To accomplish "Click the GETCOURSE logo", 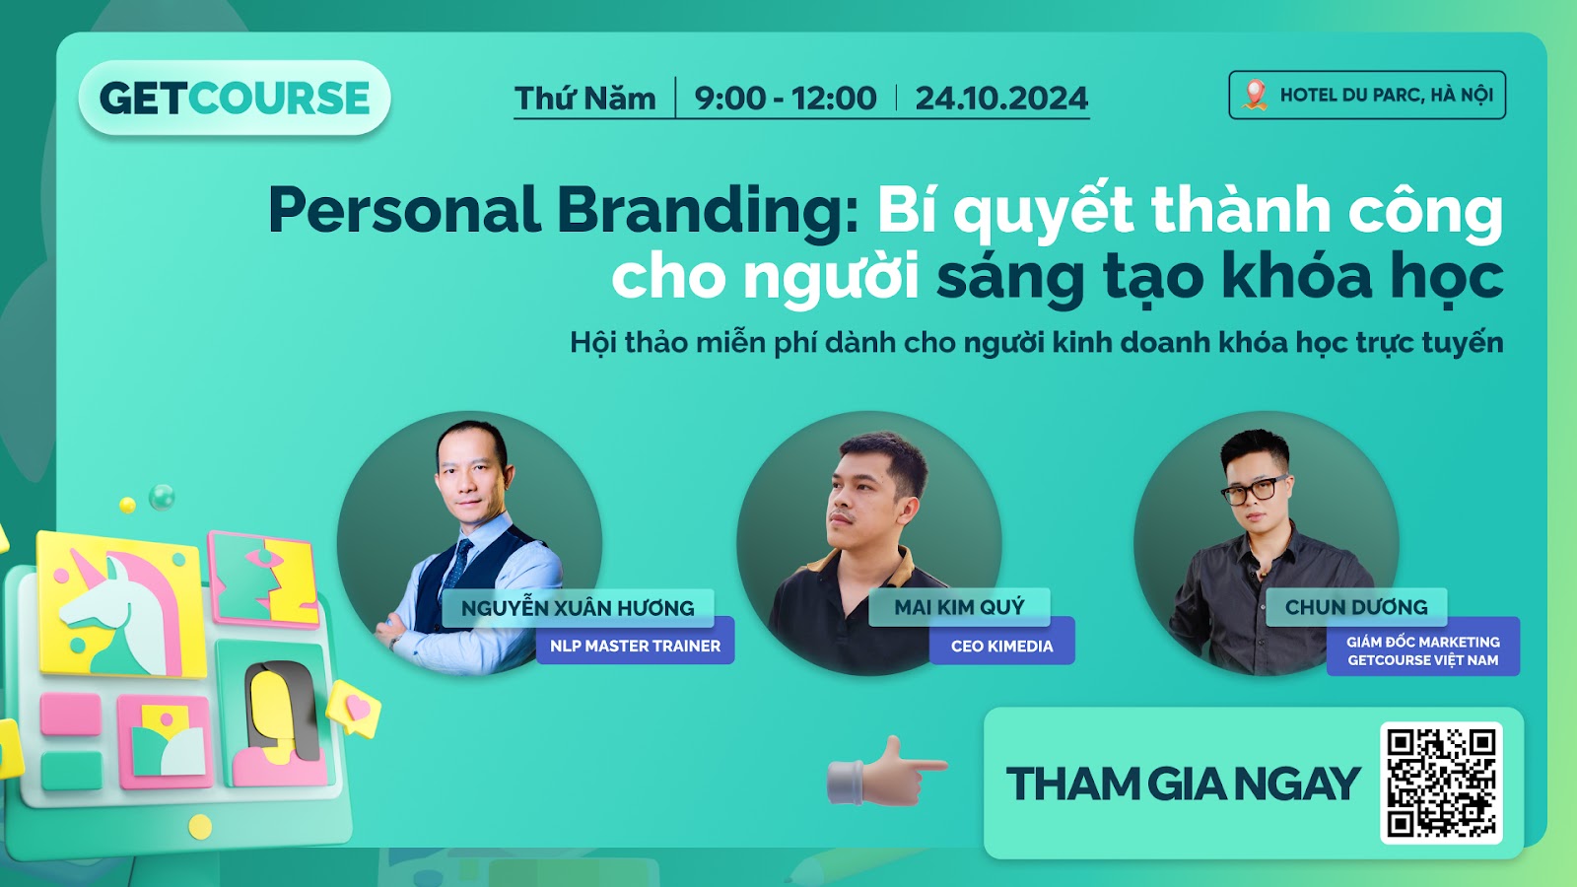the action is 235,98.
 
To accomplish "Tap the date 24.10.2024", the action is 1001,98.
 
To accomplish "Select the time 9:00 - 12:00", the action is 786,98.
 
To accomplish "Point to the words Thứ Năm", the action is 585,98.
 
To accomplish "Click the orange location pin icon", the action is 1255,95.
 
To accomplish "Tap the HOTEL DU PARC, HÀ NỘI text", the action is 1386,95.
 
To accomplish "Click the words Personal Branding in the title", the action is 563,211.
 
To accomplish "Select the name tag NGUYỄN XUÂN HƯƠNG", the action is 578,607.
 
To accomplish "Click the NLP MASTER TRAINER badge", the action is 635,646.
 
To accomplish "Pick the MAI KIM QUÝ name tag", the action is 959,607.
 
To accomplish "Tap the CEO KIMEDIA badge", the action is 1001,646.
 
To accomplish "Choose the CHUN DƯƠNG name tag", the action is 1356,607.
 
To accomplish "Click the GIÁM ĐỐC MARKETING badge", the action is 1423,650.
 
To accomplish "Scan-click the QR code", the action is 1441,783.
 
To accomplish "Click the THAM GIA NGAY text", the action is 1183,784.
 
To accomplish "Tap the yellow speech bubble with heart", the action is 354,709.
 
